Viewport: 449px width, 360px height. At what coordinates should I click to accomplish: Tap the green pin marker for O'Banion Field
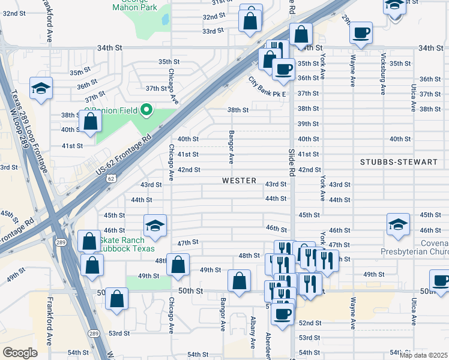[x=145, y=110]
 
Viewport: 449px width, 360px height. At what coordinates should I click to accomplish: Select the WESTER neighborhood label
[x=239, y=181]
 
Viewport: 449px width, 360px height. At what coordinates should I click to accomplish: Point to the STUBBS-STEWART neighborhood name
[x=391, y=162]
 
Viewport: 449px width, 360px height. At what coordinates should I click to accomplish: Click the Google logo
[x=19, y=352]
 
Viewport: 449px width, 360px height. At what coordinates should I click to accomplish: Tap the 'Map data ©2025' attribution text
[x=423, y=355]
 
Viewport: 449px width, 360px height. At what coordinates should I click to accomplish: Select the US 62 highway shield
[x=111, y=178]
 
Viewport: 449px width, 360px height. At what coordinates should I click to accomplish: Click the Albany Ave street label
[x=253, y=333]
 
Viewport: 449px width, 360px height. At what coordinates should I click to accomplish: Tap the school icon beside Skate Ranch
[x=154, y=226]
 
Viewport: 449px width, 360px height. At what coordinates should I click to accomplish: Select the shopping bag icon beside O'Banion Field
[x=89, y=121]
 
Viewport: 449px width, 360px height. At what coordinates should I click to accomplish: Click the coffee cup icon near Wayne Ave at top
[x=361, y=32]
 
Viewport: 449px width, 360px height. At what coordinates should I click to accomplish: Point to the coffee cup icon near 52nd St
[x=282, y=313]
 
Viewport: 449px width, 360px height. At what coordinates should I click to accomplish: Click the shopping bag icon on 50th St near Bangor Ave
[x=239, y=280]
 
